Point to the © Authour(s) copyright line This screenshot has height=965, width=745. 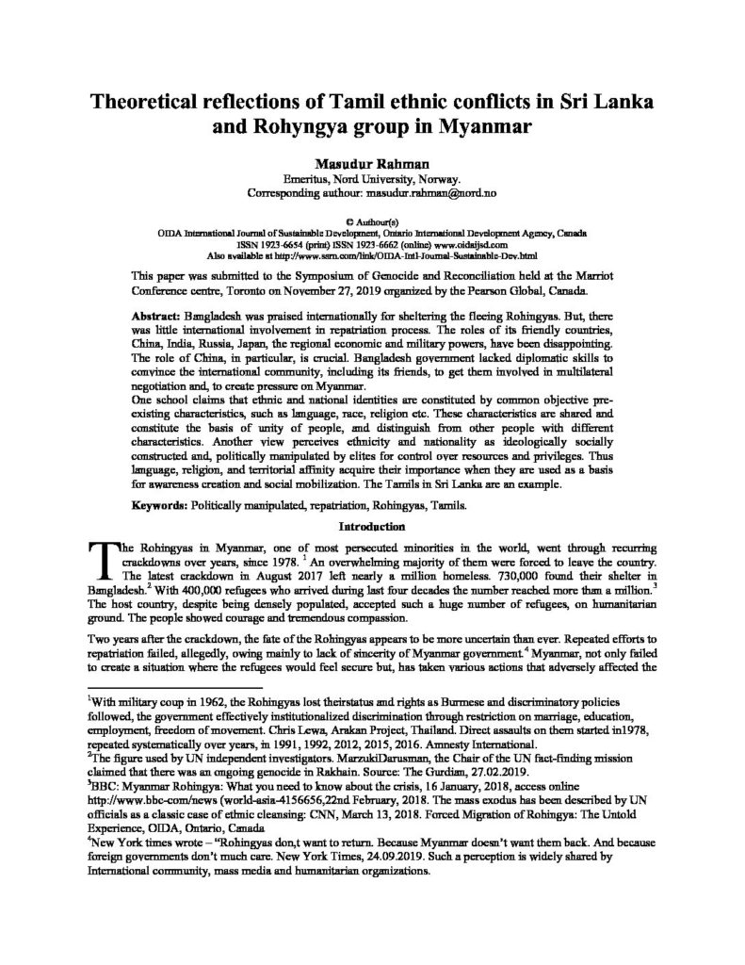coord(373,216)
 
